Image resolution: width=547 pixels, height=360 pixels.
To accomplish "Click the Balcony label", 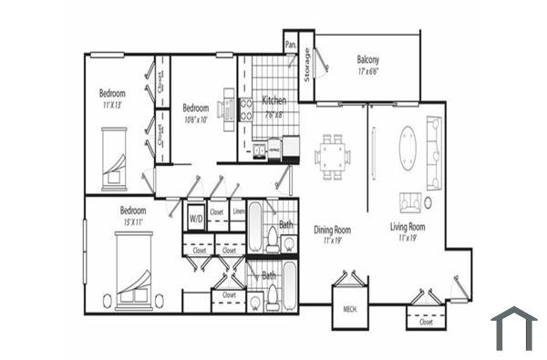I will pos(367,61).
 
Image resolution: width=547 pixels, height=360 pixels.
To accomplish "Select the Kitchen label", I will pos(275,100).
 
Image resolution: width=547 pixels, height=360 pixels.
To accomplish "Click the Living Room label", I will pos(409,226).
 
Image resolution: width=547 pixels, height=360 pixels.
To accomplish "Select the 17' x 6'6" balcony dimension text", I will pos(367,71).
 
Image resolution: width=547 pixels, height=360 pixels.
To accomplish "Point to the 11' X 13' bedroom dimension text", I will pos(112,105).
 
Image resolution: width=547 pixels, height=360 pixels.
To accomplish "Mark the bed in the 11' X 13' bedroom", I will pos(115,159).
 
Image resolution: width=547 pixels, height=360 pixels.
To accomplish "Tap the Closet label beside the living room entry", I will pos(426,321).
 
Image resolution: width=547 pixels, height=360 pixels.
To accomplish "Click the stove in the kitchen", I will pos(246,109).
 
